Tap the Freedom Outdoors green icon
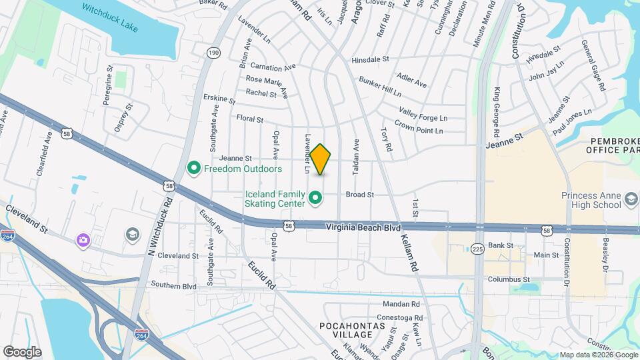click(194, 168)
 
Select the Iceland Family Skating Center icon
click(316, 198)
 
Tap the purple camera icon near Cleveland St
click(83, 240)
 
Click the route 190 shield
click(213, 53)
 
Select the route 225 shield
click(477, 249)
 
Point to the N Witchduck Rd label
click(160, 226)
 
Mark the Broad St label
click(359, 195)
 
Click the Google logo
click(22, 351)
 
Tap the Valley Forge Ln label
click(423, 114)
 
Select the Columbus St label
click(508, 279)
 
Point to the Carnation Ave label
click(273, 67)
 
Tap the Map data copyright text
click(599, 355)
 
